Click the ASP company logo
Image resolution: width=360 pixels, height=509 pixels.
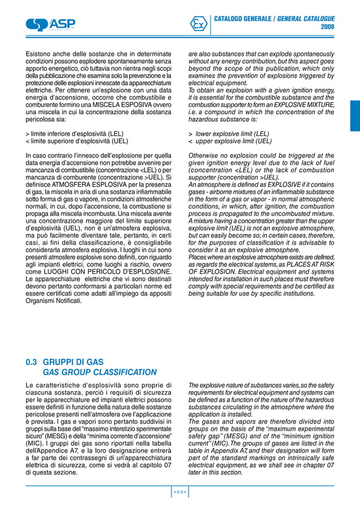(x=50, y=24)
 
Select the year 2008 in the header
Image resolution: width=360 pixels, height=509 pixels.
(x=327, y=27)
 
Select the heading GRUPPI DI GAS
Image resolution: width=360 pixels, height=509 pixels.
(x=73, y=362)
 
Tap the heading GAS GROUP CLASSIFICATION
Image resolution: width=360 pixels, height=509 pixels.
(x=100, y=372)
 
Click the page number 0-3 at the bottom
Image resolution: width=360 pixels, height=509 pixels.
(x=180, y=493)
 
